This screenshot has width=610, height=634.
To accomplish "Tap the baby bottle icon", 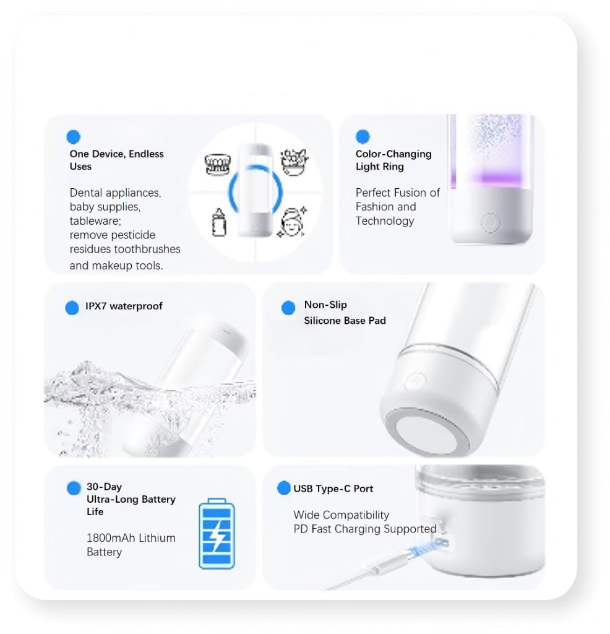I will point(219,222).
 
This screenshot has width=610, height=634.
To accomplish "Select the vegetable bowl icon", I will point(294,162).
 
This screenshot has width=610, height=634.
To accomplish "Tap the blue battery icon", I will point(217,533).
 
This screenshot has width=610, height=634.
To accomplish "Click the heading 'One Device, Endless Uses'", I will point(116,160).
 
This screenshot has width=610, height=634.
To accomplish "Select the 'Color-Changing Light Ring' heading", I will point(393,160).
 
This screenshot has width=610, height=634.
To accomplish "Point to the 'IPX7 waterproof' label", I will point(124,306).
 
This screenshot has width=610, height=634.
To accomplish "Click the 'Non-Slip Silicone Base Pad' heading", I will point(345,313).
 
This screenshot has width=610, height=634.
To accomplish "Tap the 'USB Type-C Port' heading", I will point(333,489).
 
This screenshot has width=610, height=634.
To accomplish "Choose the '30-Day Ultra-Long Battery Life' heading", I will point(131,499).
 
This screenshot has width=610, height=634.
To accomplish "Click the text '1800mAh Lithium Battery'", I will point(131,545).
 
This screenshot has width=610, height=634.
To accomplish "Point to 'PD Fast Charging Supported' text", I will point(364,529).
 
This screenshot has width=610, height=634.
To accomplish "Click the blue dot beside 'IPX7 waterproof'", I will point(72,307).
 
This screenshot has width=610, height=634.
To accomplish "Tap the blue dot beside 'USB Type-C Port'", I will point(283,488).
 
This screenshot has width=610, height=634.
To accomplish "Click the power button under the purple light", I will point(489,222).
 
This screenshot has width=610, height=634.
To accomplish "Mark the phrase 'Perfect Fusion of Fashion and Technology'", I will point(397,207).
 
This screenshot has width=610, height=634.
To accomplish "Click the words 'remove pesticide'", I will point(112,235).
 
